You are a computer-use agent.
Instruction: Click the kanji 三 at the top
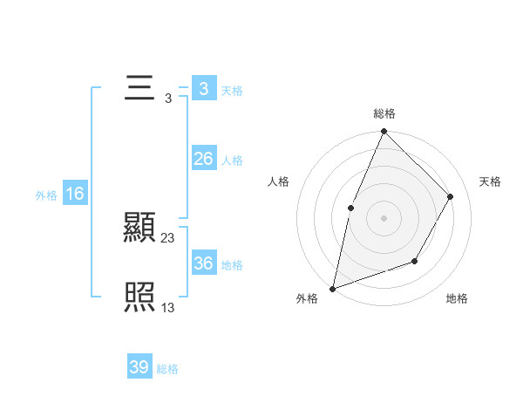(x=139, y=90)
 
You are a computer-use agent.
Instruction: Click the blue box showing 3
(x=203, y=89)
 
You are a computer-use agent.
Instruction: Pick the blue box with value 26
(x=203, y=159)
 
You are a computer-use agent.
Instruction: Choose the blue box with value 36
(x=203, y=263)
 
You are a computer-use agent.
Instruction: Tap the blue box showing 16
(x=75, y=194)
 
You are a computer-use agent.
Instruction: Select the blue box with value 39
(x=139, y=367)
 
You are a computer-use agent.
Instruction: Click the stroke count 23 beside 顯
(x=168, y=237)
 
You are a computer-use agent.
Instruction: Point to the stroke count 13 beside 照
(x=168, y=307)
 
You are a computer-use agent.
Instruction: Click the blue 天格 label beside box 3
(x=232, y=91)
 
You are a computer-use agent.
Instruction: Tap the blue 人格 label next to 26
(x=232, y=161)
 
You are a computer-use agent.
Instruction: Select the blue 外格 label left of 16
(x=46, y=195)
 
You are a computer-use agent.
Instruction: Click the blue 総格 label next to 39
(x=168, y=369)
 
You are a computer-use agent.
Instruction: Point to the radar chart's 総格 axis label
(x=384, y=113)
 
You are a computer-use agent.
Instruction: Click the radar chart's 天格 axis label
(x=491, y=181)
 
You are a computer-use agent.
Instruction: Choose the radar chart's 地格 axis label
(x=457, y=299)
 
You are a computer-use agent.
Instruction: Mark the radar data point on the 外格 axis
(x=332, y=288)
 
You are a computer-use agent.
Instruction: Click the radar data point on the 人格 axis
(x=350, y=208)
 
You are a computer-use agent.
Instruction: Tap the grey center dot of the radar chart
(x=384, y=218)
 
